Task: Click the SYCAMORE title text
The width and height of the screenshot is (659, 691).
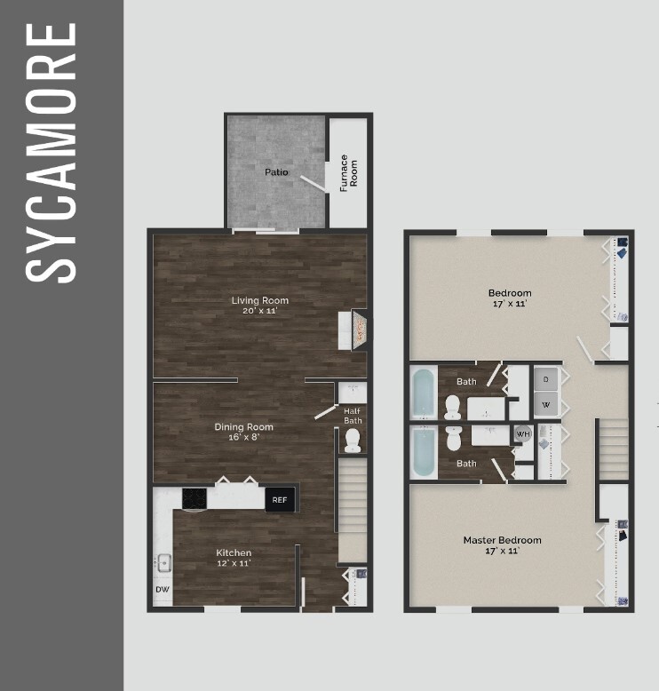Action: [x=52, y=152]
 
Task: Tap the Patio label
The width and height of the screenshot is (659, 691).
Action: [x=275, y=171]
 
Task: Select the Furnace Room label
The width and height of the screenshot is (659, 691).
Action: [x=348, y=174]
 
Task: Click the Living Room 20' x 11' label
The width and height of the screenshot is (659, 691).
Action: [x=260, y=305]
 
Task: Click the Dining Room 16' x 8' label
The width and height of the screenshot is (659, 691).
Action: [x=243, y=432]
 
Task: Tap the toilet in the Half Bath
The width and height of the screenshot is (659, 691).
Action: [x=353, y=439]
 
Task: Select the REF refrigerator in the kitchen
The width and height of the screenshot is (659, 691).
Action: [x=280, y=499]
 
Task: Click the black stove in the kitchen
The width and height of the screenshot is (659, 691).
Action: [x=195, y=498]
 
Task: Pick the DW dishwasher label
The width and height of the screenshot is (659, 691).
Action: [x=163, y=589]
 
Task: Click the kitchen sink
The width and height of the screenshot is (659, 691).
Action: [x=163, y=562]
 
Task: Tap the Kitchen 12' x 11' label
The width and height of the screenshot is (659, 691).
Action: [x=234, y=557]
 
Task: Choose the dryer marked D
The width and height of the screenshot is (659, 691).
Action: [x=545, y=379]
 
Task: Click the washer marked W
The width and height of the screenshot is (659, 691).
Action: [x=545, y=405]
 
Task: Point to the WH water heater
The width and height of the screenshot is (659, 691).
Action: [x=523, y=434]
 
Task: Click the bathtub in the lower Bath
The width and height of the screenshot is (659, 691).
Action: [x=424, y=454]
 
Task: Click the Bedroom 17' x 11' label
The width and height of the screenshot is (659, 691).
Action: [x=510, y=298]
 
